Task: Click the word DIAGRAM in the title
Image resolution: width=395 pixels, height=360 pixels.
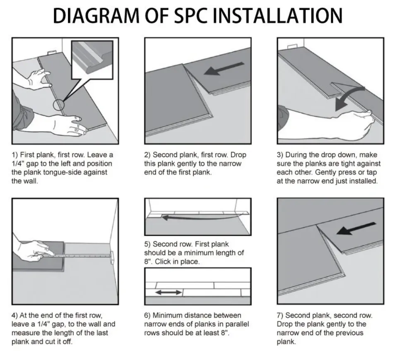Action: point(96,15)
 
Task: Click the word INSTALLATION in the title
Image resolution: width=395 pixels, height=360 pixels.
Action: point(280,15)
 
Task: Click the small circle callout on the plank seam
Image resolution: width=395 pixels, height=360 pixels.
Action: point(59,105)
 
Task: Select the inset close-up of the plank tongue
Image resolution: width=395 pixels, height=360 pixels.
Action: point(92,59)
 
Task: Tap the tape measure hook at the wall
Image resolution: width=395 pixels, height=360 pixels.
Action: point(111,257)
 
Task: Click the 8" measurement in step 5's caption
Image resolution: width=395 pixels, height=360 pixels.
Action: point(148,262)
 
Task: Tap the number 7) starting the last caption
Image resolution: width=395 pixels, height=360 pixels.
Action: point(280,316)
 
